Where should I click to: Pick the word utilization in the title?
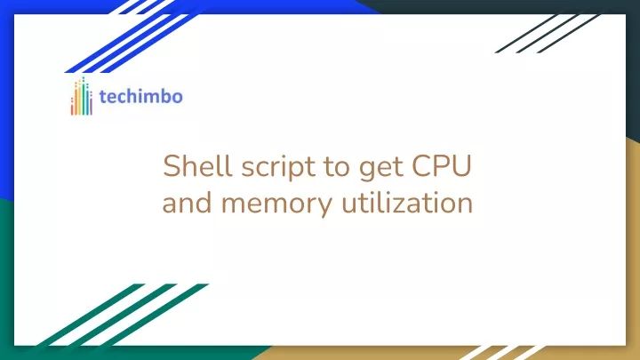tap(406, 204)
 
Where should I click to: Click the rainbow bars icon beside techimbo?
tap(82, 96)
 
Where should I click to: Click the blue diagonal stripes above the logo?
tap(133, 36)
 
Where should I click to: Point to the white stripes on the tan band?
tap(498, 352)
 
